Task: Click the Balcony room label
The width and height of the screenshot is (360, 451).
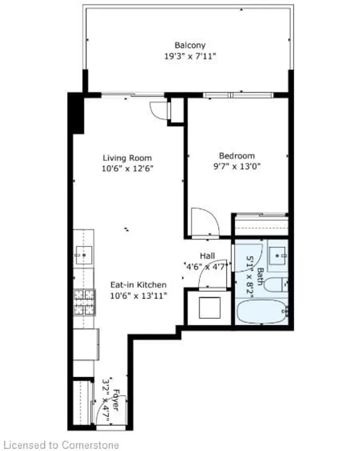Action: coord(190,46)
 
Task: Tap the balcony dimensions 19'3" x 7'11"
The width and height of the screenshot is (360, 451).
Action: coord(190,56)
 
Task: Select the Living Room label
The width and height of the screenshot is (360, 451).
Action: coord(127,158)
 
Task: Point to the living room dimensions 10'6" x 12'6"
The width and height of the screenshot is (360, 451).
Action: coord(127,168)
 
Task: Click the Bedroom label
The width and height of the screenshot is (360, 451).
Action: coord(237,156)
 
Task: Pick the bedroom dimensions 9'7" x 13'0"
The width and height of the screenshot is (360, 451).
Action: coord(237,166)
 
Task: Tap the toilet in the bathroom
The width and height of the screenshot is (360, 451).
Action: coord(277,285)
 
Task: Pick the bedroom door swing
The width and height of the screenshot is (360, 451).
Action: coord(203,222)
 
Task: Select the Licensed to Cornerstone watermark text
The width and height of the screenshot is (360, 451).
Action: coord(60,445)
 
